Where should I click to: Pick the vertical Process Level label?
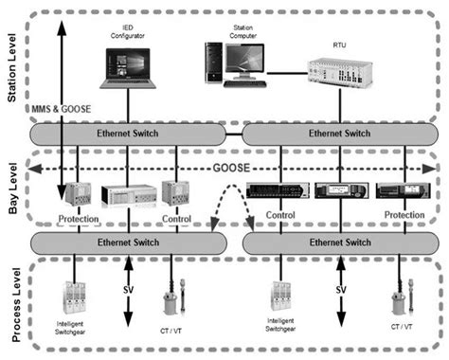pos(12,302)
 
